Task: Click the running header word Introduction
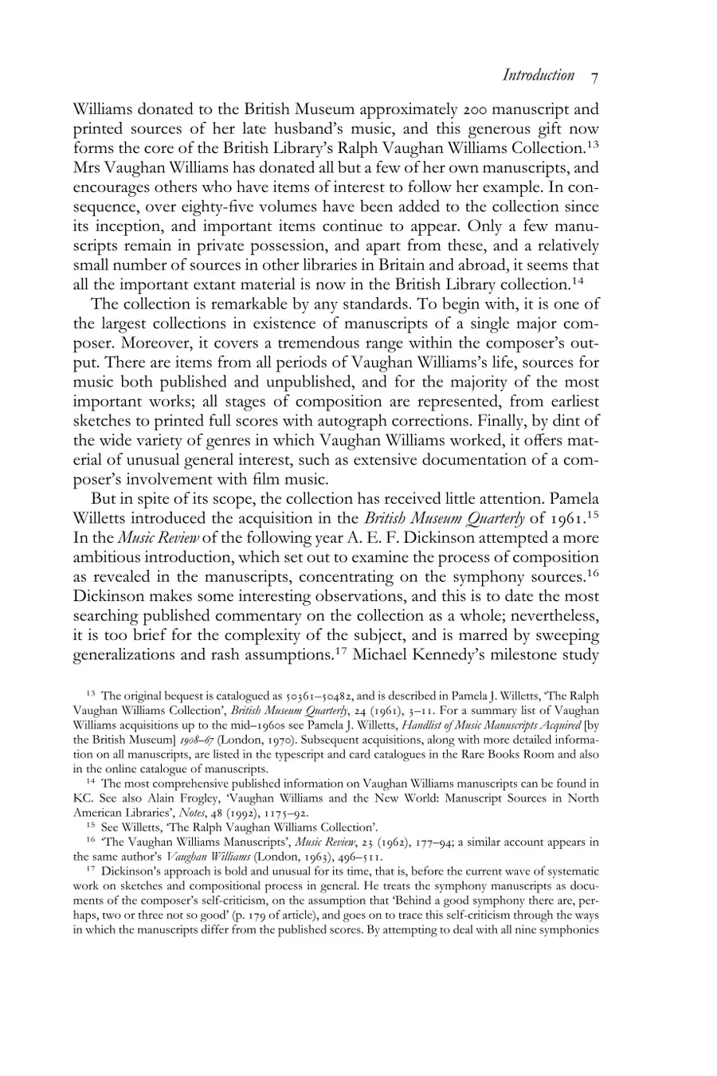pyautogui.click(x=539, y=76)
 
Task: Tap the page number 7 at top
pyautogui.click(x=595, y=77)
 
